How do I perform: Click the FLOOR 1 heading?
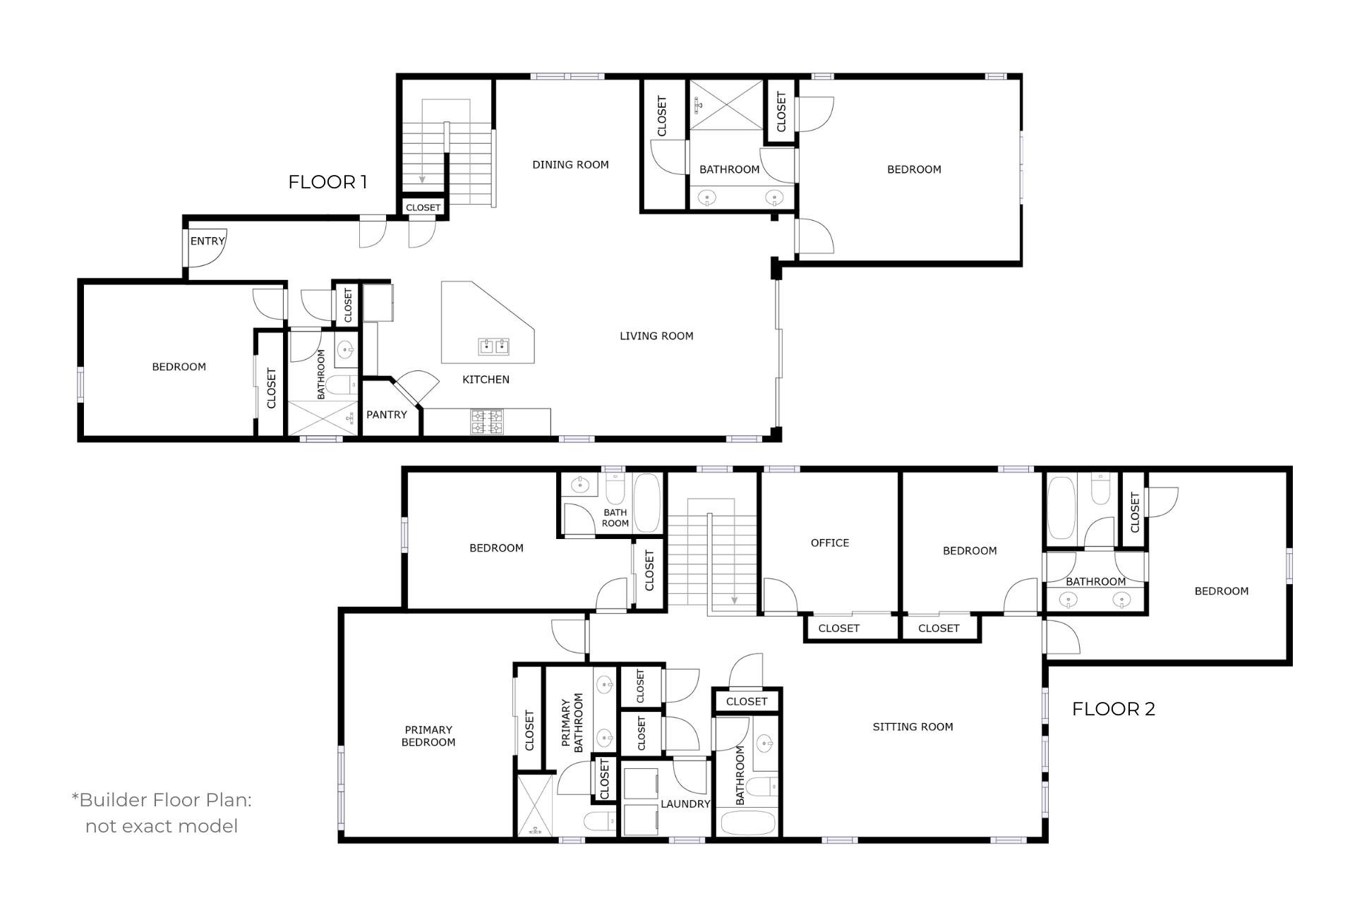[327, 182]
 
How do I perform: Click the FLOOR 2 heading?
[1114, 709]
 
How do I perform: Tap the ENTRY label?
[207, 241]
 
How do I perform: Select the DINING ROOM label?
[570, 165]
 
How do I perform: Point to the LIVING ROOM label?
[656, 337]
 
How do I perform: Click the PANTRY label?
[387, 415]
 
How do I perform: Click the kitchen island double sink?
[494, 346]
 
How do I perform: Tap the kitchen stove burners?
[487, 422]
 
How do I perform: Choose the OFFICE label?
[830, 543]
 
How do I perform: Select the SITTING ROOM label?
[913, 727]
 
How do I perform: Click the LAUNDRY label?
[685, 804]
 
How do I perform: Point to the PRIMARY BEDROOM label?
[428, 736]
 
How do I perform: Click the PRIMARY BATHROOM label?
[572, 723]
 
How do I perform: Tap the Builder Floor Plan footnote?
[162, 813]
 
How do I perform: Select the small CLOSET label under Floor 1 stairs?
[423, 207]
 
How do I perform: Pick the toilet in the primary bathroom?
[600, 822]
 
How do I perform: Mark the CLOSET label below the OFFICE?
[839, 629]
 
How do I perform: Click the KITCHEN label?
[486, 380]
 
